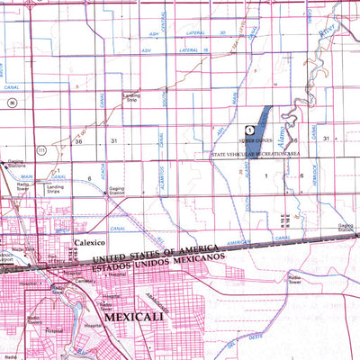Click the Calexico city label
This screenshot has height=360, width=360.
(90, 243)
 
